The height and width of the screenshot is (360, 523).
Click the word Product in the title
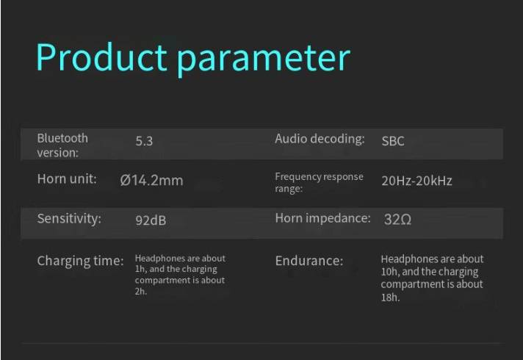point(101,57)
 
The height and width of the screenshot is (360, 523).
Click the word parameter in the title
point(263,60)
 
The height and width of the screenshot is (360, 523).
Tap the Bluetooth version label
point(62,145)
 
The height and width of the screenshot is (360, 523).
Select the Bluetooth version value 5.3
point(144,141)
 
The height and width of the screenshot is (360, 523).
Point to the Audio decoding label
point(320,139)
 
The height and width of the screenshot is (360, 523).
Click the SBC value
point(393,141)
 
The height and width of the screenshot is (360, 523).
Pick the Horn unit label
point(67,179)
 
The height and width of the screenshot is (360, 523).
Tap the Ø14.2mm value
point(152,181)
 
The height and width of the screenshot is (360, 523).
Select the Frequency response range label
point(319,182)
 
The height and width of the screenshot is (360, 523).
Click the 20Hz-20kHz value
point(416,181)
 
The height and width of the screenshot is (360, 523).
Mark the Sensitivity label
point(69,219)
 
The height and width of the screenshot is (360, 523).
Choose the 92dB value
point(151,220)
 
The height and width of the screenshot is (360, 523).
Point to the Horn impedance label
point(323,218)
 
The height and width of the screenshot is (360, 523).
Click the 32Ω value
point(397,219)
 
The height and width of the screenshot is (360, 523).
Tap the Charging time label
point(80,261)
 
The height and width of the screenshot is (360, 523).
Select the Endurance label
point(309,261)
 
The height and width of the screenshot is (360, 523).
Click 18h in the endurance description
point(390,298)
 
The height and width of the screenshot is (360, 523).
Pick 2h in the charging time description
point(141,291)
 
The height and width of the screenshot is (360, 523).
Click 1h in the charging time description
point(141,269)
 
